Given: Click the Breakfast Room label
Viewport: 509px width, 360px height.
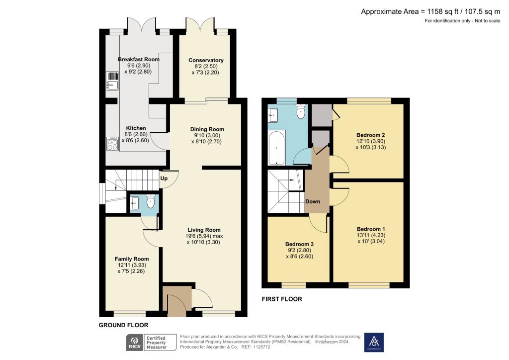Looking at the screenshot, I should tap(139, 59).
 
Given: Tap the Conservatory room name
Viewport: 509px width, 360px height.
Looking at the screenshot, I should tap(206, 60).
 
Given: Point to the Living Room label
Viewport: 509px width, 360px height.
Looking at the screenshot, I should tap(204, 230).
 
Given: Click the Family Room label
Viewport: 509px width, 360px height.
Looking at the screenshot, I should tap(132, 259).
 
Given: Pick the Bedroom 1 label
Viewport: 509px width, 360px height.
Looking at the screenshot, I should tap(371, 229).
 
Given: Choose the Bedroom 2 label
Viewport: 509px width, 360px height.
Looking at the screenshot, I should tap(371, 135).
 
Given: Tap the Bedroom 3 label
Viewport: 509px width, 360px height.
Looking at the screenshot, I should tap(299, 244).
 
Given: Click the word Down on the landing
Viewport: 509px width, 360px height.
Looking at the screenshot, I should tap(313, 201).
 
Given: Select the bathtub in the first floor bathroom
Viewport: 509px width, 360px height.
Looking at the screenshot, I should tap(276, 148).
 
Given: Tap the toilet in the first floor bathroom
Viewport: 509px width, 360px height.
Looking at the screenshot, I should tap(300, 112).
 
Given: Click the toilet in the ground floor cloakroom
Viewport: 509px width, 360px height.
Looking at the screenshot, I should tap(151, 201).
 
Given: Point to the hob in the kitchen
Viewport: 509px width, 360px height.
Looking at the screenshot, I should tap(111, 143).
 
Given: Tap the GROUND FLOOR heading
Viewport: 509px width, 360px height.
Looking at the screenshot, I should tap(123, 325).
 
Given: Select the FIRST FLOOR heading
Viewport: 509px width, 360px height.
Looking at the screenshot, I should tap(282, 299).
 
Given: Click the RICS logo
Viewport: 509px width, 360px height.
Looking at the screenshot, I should tap(134, 342).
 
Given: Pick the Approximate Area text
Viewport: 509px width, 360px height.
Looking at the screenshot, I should tap(430, 11).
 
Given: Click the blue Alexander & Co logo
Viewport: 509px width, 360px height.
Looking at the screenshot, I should tap(374, 342).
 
